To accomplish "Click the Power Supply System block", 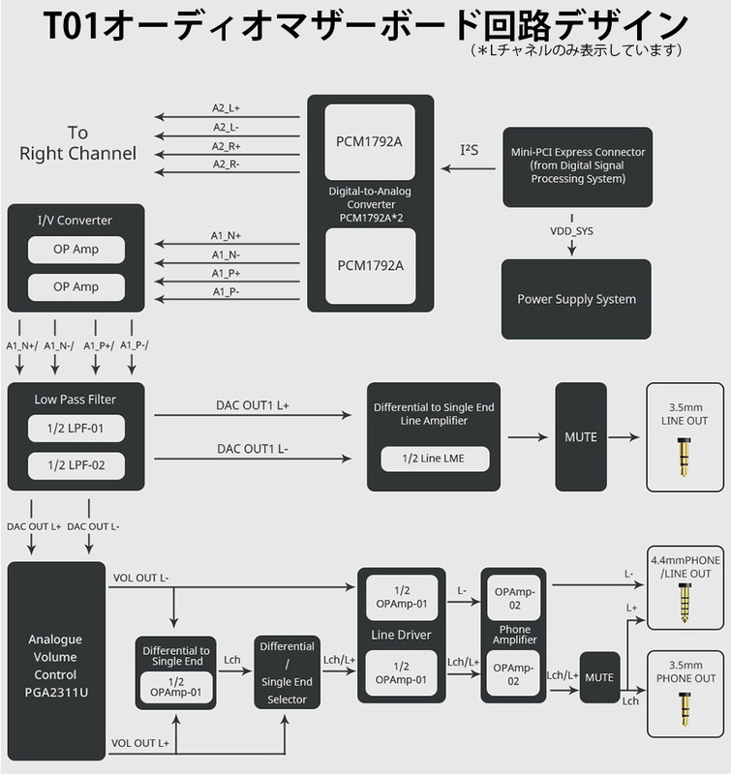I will click(577, 299).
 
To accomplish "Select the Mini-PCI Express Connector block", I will click(577, 165).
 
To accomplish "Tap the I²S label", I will click(470, 150).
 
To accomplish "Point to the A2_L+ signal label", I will click(227, 108).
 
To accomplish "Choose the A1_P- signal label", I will click(226, 291).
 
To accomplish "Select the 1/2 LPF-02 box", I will click(76, 465).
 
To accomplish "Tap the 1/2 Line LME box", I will click(435, 458).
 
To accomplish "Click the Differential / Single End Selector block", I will click(287, 671).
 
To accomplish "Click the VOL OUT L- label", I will click(141, 578).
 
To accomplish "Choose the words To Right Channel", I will click(77, 143).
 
